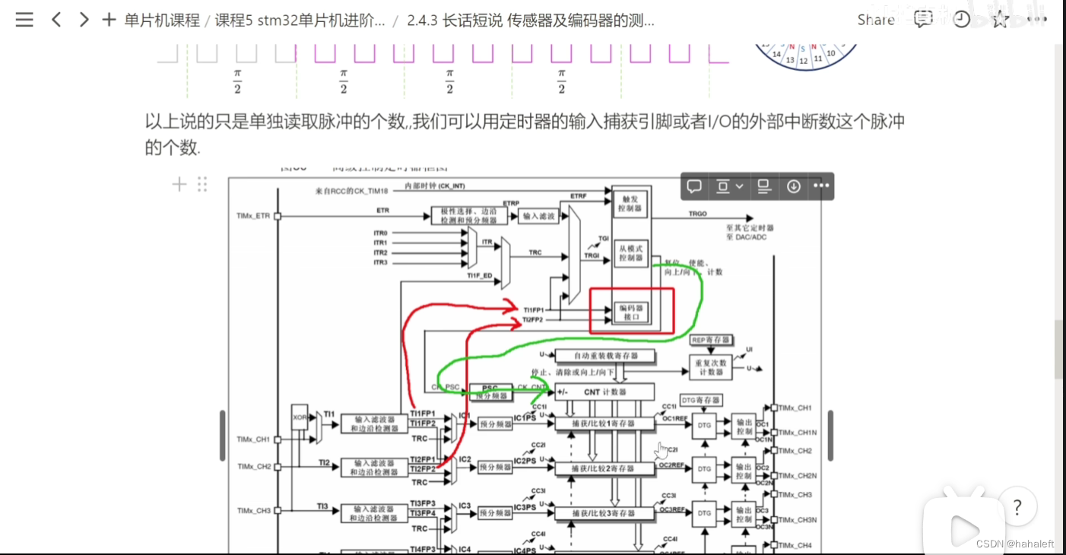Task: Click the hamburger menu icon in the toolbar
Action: (x=24, y=20)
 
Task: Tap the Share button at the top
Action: (x=875, y=20)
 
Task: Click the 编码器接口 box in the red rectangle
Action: (x=631, y=312)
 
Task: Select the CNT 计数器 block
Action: (x=604, y=392)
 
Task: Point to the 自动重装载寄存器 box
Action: (x=605, y=356)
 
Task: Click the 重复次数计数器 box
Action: (x=710, y=367)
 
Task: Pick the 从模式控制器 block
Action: (x=631, y=253)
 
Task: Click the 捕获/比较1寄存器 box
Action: (x=604, y=423)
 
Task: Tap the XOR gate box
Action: (x=300, y=417)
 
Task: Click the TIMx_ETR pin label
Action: (x=253, y=217)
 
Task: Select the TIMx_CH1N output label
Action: (x=797, y=433)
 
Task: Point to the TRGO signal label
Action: (x=697, y=214)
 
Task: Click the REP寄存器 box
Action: (x=710, y=340)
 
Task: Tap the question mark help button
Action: (x=1017, y=507)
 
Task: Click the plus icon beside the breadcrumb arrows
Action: (x=109, y=20)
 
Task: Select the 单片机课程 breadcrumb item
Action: (x=162, y=20)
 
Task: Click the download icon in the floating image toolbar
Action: (x=794, y=186)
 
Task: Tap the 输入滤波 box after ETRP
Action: (x=538, y=217)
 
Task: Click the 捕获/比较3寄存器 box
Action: (x=604, y=514)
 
